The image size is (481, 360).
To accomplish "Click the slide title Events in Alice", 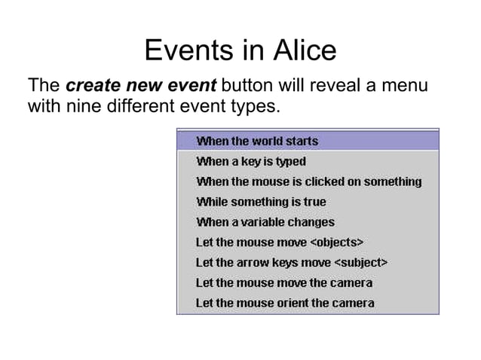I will pos(240,50).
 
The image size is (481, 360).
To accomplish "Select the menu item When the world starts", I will pos(256,141).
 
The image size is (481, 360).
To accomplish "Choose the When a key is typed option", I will pos(250,161).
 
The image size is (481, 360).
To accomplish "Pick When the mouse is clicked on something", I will pos(308,182).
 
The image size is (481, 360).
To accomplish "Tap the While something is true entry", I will pos(261,202).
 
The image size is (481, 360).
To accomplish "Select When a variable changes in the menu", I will pos(265,222).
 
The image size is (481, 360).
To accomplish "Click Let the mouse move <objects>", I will pos(280,243).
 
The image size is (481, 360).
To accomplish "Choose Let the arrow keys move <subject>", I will pos(291,263).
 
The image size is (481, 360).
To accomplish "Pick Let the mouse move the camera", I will pos(283,283).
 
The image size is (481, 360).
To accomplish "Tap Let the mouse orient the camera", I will pos(284,304).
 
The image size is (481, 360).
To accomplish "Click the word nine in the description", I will pos(78,106).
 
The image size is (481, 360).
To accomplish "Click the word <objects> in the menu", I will pos(337,243).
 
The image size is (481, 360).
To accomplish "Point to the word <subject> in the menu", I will pos(360,263).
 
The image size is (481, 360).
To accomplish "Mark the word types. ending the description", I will pos(256,106).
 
